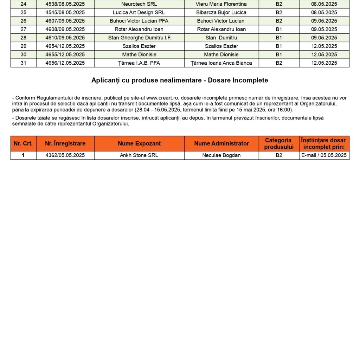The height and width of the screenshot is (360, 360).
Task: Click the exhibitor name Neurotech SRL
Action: tap(139, 4)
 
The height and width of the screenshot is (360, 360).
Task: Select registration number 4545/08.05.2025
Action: tap(65, 12)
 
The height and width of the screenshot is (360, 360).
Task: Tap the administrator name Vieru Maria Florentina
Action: tap(221, 4)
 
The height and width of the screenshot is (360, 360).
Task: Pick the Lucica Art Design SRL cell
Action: tap(139, 12)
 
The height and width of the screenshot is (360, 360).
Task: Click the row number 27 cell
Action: tap(24, 29)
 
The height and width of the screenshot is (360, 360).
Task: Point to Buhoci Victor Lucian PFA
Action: tap(139, 21)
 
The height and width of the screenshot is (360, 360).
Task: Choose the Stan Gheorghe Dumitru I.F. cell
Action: tap(139, 38)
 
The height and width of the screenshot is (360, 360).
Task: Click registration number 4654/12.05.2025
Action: tap(65, 46)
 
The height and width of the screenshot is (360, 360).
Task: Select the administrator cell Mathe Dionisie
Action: tap(221, 54)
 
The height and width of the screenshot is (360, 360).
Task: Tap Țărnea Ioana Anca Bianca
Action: tap(221, 63)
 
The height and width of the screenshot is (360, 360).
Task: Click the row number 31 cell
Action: tap(24, 63)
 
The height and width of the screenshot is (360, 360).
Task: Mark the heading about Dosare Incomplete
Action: tap(180, 80)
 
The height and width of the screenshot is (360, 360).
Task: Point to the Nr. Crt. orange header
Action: tap(23, 143)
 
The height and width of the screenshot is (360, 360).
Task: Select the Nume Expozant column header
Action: tap(139, 143)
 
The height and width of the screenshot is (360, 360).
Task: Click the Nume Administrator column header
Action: tap(221, 143)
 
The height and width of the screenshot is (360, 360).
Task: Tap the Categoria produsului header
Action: tap(279, 143)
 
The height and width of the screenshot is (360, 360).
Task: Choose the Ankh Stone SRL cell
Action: tap(139, 155)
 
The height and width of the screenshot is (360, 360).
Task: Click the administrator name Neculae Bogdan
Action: tap(221, 155)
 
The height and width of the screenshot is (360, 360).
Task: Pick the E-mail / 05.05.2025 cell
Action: tap(324, 155)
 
